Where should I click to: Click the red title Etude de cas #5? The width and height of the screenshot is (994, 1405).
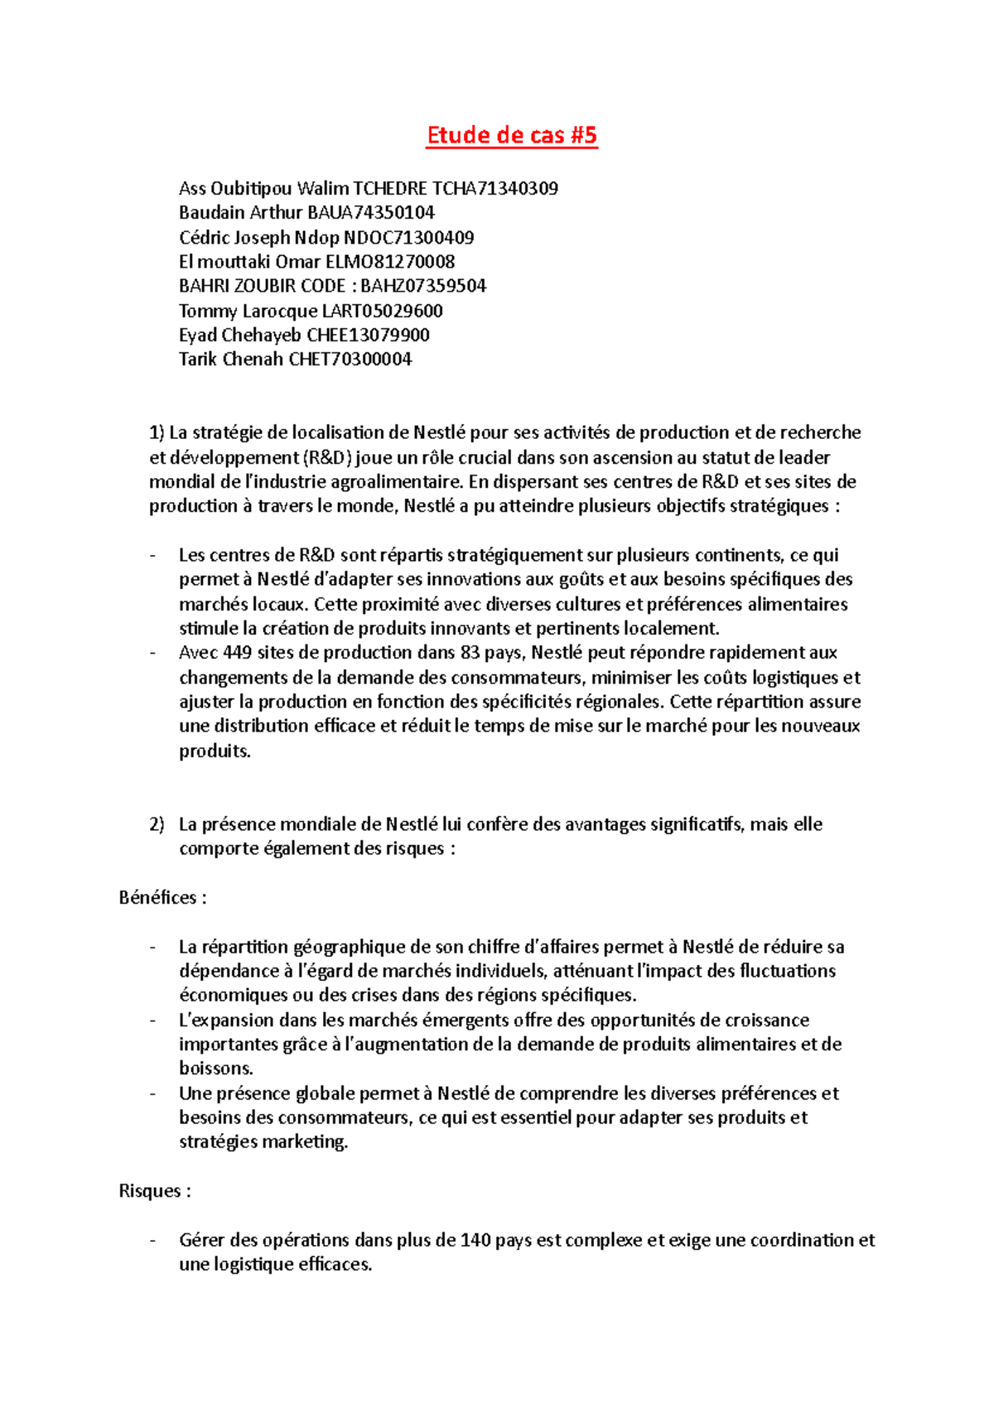pyautogui.click(x=511, y=135)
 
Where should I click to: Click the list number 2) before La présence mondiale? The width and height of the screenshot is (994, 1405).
pyautogui.click(x=157, y=824)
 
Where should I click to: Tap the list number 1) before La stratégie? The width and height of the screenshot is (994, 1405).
pyautogui.click(x=157, y=432)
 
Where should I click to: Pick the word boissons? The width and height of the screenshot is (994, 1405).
pyautogui.click(x=215, y=1069)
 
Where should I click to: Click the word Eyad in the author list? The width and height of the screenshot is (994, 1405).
pyautogui.click(x=197, y=335)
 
